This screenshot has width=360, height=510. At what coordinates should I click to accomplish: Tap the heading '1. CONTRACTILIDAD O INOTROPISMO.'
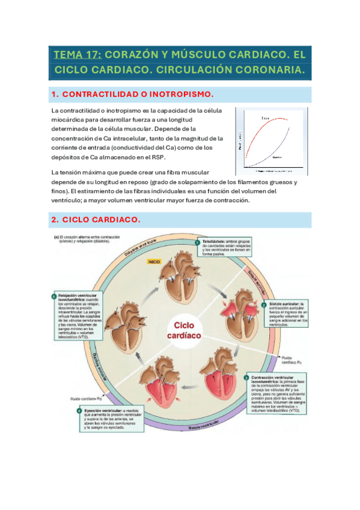(133, 95)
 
